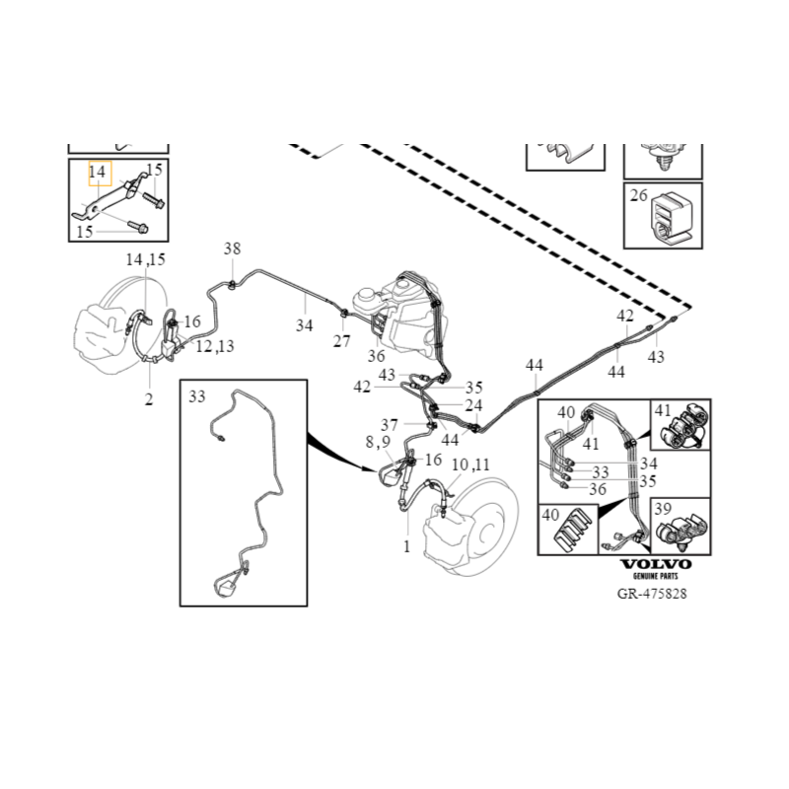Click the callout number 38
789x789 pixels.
[x=232, y=249]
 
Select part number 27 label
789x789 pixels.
[x=341, y=342]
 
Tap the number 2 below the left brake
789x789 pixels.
[x=149, y=399]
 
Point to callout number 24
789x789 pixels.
[x=474, y=405]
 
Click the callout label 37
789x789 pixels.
[x=391, y=424]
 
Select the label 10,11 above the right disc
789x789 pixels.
[x=470, y=464]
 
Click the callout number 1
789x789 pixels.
[x=406, y=544]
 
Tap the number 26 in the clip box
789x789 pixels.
[x=638, y=195]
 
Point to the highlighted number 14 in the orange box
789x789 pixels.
[x=98, y=173]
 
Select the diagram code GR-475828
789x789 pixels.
[x=652, y=595]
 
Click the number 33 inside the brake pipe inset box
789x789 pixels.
[x=197, y=396]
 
